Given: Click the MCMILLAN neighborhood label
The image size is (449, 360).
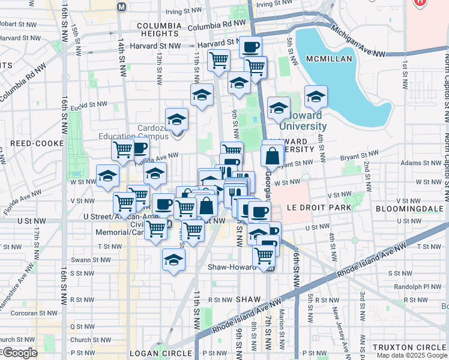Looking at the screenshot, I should [331, 59].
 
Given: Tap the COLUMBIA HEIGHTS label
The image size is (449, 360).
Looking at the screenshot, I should [159, 31].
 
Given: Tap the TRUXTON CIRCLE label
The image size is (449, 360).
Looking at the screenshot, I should [408, 347].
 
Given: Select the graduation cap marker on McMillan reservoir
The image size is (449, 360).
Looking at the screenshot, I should [316, 96].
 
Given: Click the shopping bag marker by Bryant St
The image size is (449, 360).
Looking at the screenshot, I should [273, 157].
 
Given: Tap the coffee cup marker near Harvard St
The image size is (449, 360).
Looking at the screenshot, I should [251, 46].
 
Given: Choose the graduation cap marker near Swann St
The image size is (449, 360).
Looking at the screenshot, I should [174, 260].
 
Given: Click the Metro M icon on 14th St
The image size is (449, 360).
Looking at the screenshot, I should [122, 7].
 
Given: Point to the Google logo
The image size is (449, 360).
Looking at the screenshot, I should [20, 353].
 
